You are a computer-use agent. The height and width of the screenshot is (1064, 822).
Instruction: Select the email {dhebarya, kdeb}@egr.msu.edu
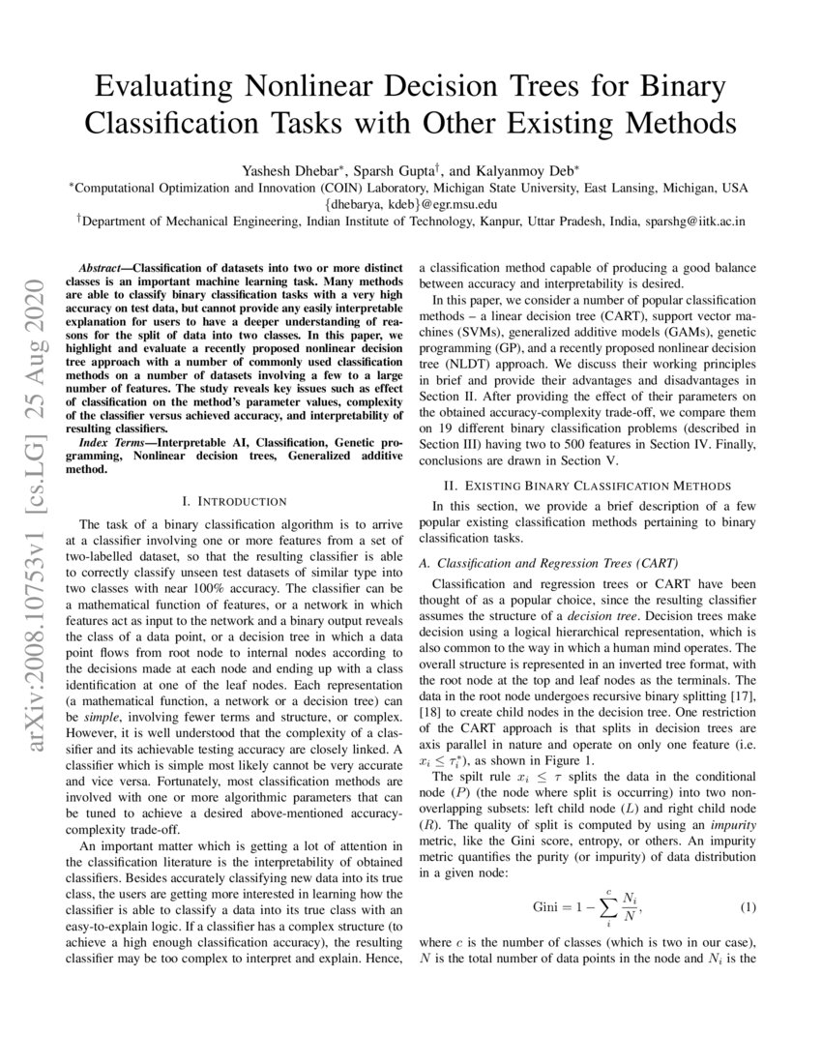click(x=411, y=204)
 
